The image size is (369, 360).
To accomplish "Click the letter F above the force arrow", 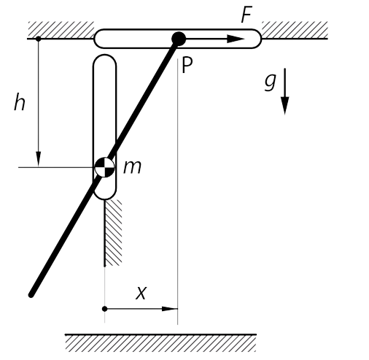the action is pyautogui.click(x=246, y=16).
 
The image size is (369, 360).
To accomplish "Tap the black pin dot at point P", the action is pyautogui.click(x=179, y=39).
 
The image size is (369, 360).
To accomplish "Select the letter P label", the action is pyautogui.click(x=187, y=66).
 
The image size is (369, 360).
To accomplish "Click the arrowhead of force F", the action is pyautogui.click(x=236, y=39).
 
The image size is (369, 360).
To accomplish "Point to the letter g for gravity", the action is pyautogui.click(x=271, y=82).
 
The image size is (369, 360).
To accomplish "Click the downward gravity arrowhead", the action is pyautogui.click(x=285, y=105).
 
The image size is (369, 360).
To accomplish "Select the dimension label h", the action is pyautogui.click(x=20, y=102).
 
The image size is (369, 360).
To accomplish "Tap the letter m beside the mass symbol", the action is pyautogui.click(x=132, y=167).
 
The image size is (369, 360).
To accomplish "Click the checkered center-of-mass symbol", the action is pyautogui.click(x=104, y=167).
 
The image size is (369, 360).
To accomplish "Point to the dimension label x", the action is pyautogui.click(x=141, y=293).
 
